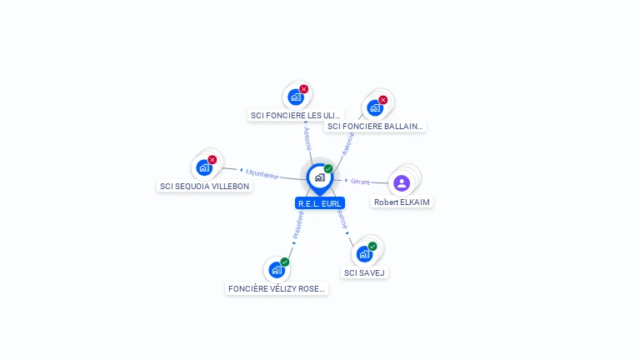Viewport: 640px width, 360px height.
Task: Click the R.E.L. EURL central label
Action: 320,202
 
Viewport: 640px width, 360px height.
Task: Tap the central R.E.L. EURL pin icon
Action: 319,177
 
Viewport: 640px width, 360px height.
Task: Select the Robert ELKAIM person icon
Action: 402,182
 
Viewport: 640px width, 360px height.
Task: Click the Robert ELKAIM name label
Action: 402,202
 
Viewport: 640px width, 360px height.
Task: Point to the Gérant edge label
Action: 360,181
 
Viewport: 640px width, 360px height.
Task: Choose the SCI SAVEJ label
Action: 365,272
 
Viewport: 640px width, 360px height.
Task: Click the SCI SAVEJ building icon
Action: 364,254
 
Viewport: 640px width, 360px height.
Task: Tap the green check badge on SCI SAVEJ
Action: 372,246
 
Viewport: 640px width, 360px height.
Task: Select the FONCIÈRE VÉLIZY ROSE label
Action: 277,288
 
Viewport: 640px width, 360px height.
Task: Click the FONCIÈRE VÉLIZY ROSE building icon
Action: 276,270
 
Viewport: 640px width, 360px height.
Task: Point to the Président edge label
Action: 298,225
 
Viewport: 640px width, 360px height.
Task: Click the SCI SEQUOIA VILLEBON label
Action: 204,186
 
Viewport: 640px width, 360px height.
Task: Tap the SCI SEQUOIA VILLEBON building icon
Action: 203,167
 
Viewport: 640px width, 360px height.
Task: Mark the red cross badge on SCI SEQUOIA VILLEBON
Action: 212,159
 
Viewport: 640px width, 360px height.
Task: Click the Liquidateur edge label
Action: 262,173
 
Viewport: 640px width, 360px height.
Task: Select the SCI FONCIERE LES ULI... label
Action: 296,115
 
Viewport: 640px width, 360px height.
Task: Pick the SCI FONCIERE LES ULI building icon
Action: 295,97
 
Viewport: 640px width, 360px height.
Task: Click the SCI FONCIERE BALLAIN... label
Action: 375,126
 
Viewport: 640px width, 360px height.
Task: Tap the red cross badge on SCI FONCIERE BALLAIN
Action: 383,100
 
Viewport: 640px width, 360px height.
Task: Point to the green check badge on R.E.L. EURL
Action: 328,169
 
